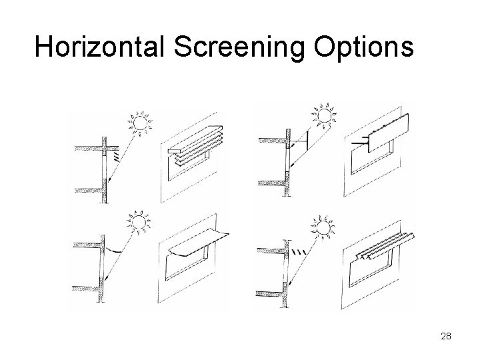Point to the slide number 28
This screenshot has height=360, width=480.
point(446,336)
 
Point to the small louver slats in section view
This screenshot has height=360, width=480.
point(118,158)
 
